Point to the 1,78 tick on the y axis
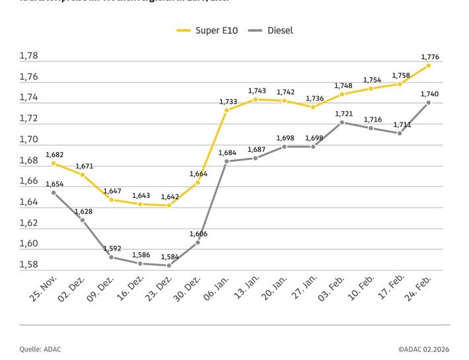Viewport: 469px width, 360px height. [x=28, y=56]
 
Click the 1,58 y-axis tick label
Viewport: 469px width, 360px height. [x=28, y=265]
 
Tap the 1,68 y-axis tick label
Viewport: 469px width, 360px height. [x=28, y=161]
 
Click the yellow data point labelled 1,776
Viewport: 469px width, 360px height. [x=429, y=65]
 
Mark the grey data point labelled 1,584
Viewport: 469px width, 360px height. [x=169, y=266]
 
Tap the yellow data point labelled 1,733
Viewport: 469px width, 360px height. [x=227, y=110]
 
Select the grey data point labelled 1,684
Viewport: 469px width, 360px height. [x=227, y=161]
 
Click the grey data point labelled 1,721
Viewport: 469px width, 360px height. [x=342, y=122]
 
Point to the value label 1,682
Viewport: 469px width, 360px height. [x=54, y=154]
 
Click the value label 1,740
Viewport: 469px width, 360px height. [x=429, y=94]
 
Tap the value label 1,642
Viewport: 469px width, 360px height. [x=169, y=196]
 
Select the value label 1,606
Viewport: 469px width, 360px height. [x=198, y=234]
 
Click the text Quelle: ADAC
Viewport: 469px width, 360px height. [x=40, y=349]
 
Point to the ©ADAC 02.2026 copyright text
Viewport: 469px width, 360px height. [x=423, y=349]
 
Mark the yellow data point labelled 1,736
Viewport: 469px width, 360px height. [x=313, y=107]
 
